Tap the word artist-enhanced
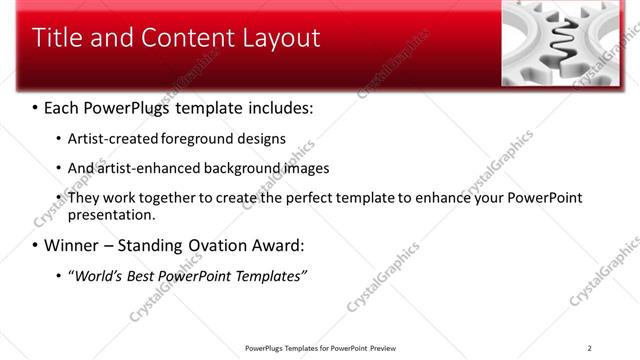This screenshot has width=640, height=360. [149, 168]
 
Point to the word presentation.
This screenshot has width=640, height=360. [112, 215]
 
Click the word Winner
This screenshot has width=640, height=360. [74, 245]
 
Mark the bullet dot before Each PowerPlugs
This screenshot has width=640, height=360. [36, 107]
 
